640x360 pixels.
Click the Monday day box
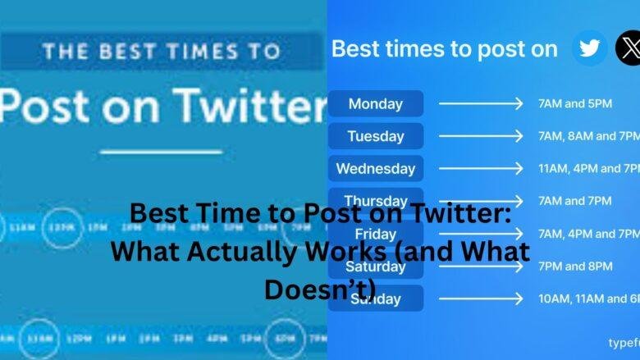coord(375,103)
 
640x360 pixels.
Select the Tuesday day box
coord(375,136)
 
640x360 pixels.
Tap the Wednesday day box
coord(375,168)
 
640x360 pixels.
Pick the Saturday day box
coord(375,267)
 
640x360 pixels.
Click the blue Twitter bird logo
coord(589,48)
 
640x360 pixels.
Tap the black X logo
coord(628,48)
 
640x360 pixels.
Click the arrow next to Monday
coord(480,103)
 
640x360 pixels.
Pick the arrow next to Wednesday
coord(480,168)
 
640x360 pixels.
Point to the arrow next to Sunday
coord(480,298)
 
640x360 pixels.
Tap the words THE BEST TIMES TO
coord(161,52)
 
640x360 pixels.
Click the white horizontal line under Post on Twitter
coord(161,151)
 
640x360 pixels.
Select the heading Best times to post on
coord(444,48)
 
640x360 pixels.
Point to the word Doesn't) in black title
coord(320,288)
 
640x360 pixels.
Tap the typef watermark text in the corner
coord(623,342)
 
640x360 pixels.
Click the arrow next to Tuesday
coord(480,136)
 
